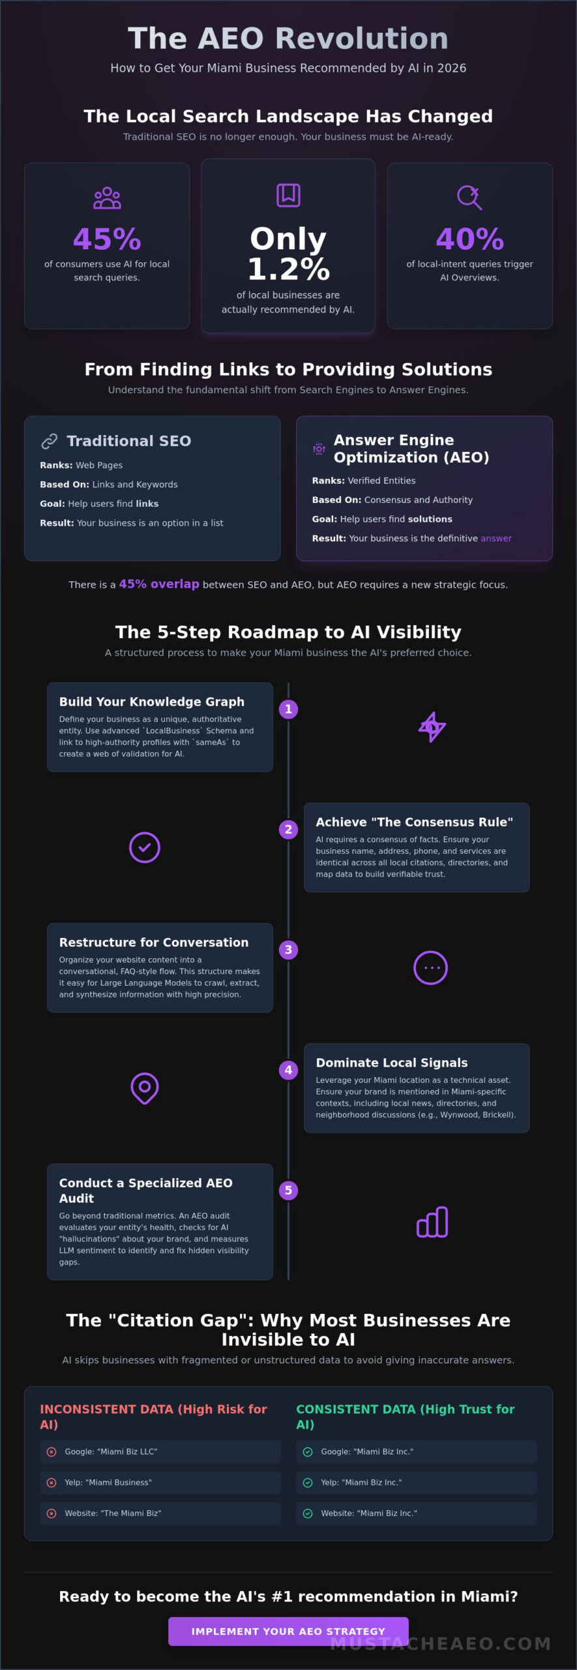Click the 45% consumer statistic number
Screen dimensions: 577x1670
[107, 239]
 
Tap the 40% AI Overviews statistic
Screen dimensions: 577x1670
[469, 239]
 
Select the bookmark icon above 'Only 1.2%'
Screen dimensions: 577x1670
[288, 195]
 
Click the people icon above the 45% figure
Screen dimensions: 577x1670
[107, 198]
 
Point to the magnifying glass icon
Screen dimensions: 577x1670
[469, 197]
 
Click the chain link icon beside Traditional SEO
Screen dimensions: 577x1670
[50, 442]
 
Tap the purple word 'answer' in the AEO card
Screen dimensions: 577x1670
[496, 538]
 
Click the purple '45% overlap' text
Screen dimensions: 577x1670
[159, 584]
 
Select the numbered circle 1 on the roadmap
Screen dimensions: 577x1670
[288, 709]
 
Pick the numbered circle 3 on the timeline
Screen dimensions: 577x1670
[288, 950]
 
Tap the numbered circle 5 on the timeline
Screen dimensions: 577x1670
[288, 1191]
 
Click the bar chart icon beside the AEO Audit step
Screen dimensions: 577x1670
[432, 1222]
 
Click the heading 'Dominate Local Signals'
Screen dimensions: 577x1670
[392, 1063]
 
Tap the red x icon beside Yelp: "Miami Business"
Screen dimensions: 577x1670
[52, 1482]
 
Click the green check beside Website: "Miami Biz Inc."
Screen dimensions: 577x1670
[308, 1513]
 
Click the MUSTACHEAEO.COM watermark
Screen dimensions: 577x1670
[441, 1643]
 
